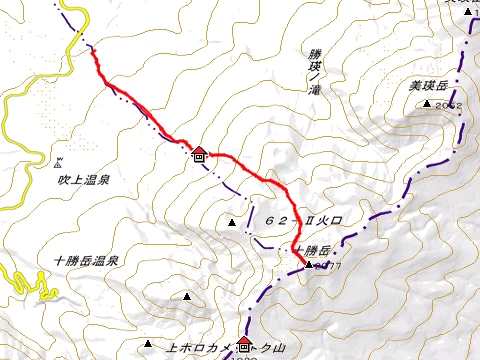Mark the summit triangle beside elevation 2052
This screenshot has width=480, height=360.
click(x=427, y=104)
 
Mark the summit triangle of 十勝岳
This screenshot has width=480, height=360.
click(x=306, y=266)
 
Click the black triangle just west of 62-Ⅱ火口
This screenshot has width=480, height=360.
click(x=232, y=221)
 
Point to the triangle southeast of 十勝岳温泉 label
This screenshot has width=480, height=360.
click(x=187, y=296)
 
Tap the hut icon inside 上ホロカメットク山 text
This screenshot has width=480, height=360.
click(x=243, y=347)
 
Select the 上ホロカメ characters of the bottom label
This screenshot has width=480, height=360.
click(x=196, y=348)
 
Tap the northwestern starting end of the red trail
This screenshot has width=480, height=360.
click(x=96, y=50)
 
